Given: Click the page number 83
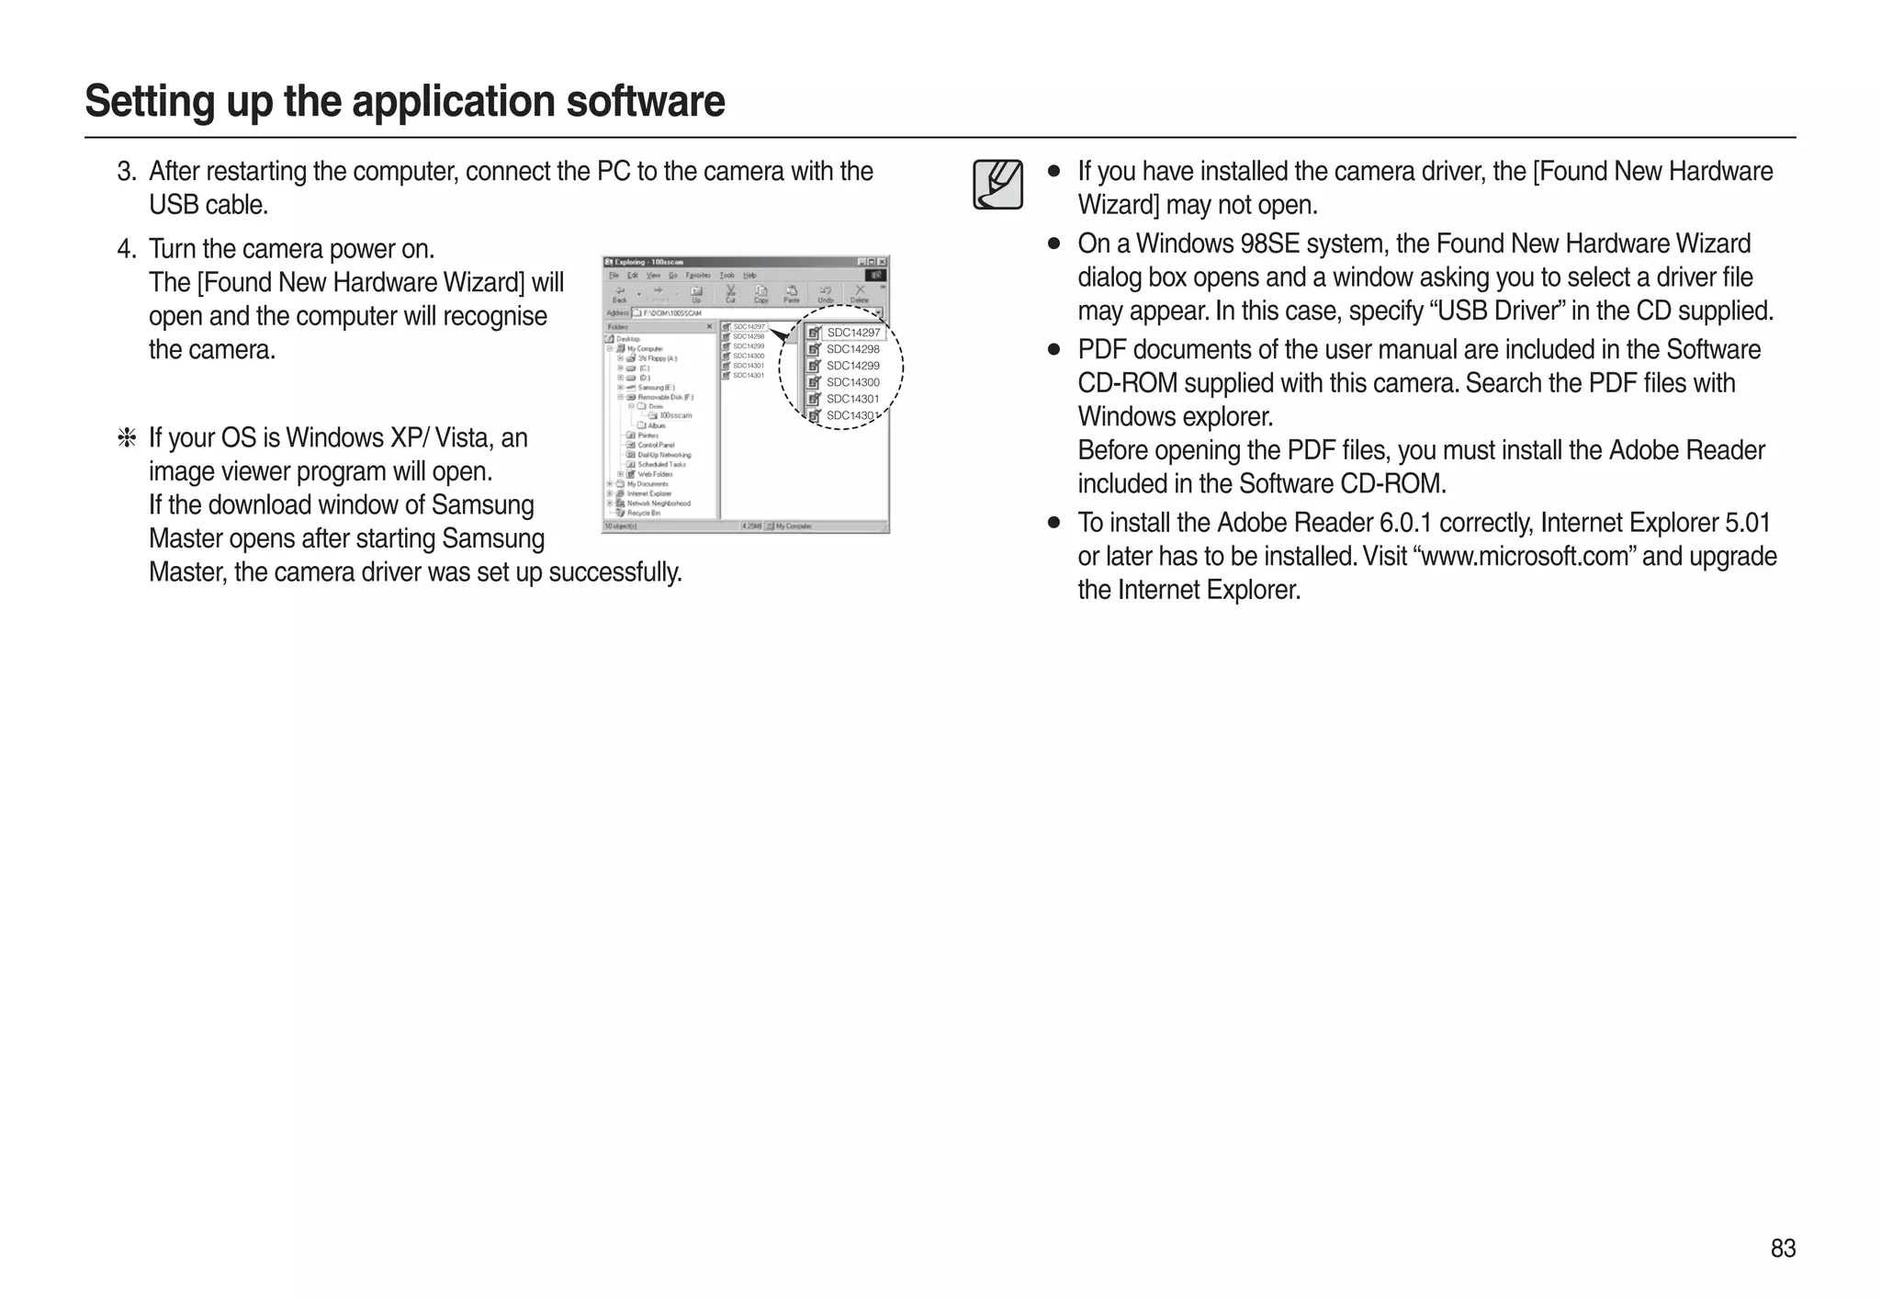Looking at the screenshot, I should [x=1783, y=1249].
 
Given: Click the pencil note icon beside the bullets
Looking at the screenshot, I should [x=998, y=185].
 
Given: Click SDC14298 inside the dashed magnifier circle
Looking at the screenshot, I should [x=852, y=349].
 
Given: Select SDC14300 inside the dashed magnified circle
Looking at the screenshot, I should [x=852, y=382].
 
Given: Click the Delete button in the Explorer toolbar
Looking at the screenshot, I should [x=860, y=295].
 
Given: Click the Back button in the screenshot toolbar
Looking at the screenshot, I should [x=620, y=295].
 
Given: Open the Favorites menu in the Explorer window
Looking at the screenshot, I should [x=698, y=275].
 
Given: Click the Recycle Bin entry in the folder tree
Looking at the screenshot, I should [x=643, y=513].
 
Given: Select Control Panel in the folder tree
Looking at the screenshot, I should [x=656, y=445].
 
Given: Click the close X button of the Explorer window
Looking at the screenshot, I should [x=882, y=262].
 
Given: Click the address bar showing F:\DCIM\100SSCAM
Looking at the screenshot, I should [x=753, y=313].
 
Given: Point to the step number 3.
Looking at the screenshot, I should [x=127, y=172].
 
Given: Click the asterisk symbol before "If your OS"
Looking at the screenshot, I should [x=127, y=438].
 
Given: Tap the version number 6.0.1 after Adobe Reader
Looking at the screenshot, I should [x=1405, y=523].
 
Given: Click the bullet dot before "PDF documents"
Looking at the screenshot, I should [x=1054, y=350].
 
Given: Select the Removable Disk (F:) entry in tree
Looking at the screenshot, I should [x=665, y=397].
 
